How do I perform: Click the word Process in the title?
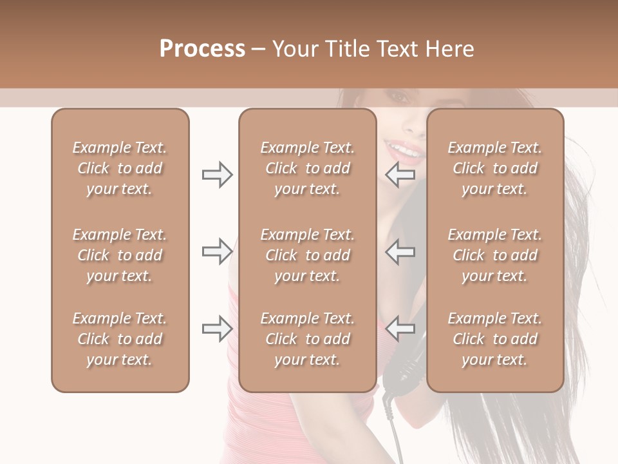click(202, 49)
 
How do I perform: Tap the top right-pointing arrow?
click(217, 175)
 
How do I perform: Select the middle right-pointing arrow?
click(217, 251)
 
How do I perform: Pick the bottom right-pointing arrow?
click(217, 328)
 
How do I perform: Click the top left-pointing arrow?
click(400, 175)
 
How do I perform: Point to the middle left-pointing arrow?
click(400, 251)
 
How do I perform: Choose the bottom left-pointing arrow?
click(400, 328)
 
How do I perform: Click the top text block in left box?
click(120, 168)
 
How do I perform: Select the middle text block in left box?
click(120, 255)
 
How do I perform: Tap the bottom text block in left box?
click(120, 339)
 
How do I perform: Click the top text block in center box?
click(307, 168)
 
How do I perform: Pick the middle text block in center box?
click(307, 255)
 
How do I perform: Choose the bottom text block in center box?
click(307, 339)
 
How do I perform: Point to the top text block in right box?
click(494, 168)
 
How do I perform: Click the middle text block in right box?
click(494, 255)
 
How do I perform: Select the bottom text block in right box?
click(494, 339)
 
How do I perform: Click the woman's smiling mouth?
click(404, 151)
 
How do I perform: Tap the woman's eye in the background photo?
click(400, 97)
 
